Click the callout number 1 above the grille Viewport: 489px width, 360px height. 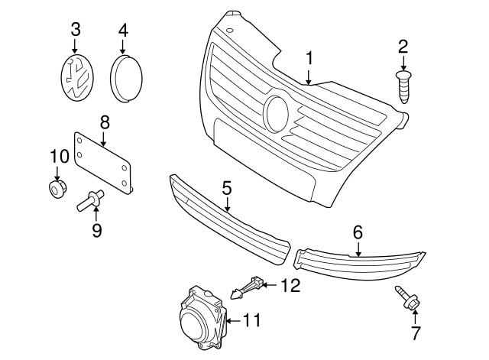tap(309, 58)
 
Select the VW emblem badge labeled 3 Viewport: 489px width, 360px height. tap(75, 79)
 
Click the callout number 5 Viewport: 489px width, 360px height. tap(227, 186)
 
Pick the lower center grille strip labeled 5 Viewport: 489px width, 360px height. tap(229, 217)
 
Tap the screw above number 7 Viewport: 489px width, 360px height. tap(406, 300)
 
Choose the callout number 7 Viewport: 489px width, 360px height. tap(416, 332)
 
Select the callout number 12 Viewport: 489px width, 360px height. tap(290, 286)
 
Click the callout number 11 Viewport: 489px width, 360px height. tap(251, 321)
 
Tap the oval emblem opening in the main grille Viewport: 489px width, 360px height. tap(276, 113)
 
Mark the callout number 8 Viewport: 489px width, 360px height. tap(105, 122)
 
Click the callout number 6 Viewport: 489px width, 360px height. tap(358, 230)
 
